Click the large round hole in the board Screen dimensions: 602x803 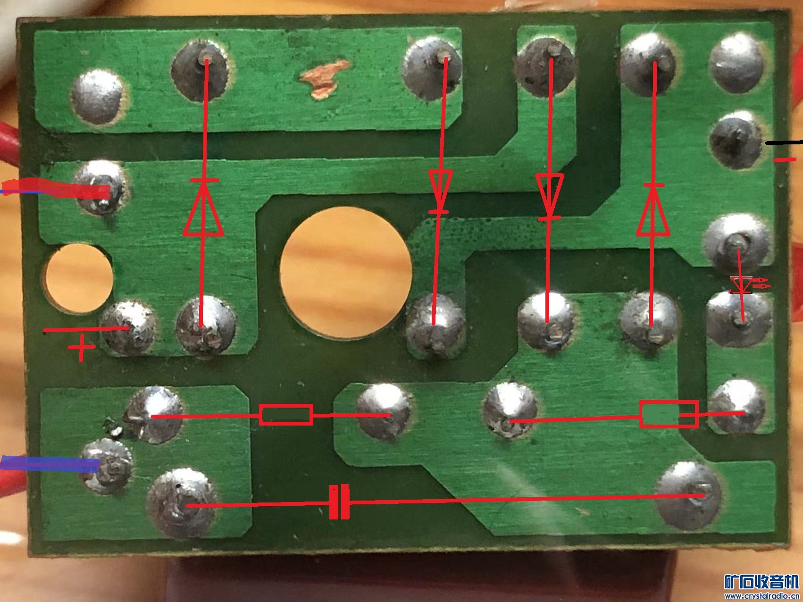pyautogui.click(x=346, y=272)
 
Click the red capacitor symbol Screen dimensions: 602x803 pyautogui.click(x=339, y=502)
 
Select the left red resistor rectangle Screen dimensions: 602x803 pyautogui.click(x=286, y=415)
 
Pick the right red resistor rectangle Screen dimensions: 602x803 pyautogui.click(x=669, y=414)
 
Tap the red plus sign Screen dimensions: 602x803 pyautogui.click(x=82, y=348)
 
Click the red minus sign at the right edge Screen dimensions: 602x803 pyautogui.click(x=784, y=159)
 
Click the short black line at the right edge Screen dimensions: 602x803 pyautogui.click(x=783, y=142)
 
